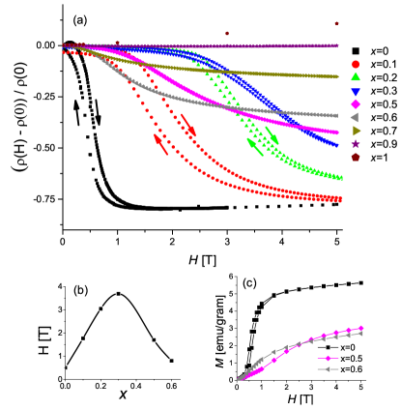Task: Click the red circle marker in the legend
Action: tap(356, 65)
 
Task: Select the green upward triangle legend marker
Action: tap(356, 77)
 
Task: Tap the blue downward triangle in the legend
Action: tap(356, 91)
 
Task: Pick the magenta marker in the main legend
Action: tap(356, 103)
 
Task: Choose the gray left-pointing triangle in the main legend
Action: tap(355, 117)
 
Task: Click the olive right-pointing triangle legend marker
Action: tap(356, 131)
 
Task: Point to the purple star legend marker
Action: tap(356, 143)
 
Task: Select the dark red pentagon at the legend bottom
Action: tap(356, 157)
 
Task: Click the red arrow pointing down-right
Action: tap(188, 126)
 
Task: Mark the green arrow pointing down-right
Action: tap(272, 134)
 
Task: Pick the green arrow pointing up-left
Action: tap(255, 146)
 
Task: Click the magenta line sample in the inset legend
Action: tap(329, 358)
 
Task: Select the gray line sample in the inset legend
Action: tap(329, 368)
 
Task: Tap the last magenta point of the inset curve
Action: tap(361, 328)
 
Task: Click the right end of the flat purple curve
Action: tap(337, 45)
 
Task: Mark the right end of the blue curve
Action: tap(337, 145)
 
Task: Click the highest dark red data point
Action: tap(336, 23)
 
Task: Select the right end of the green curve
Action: tap(340, 178)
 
